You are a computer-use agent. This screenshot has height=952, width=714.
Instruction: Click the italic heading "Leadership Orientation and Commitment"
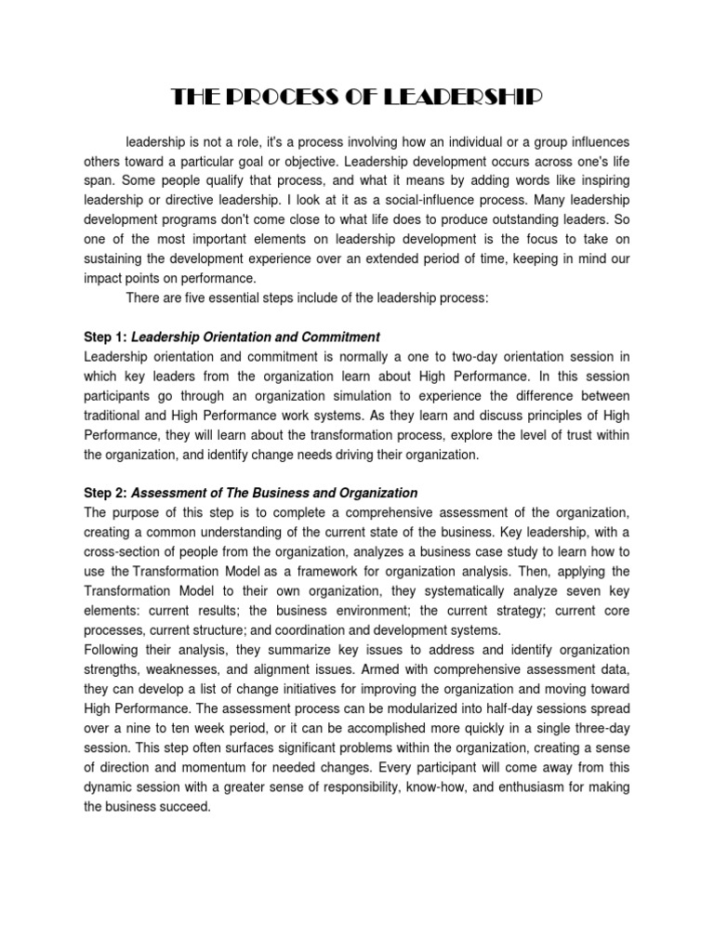(256, 337)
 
